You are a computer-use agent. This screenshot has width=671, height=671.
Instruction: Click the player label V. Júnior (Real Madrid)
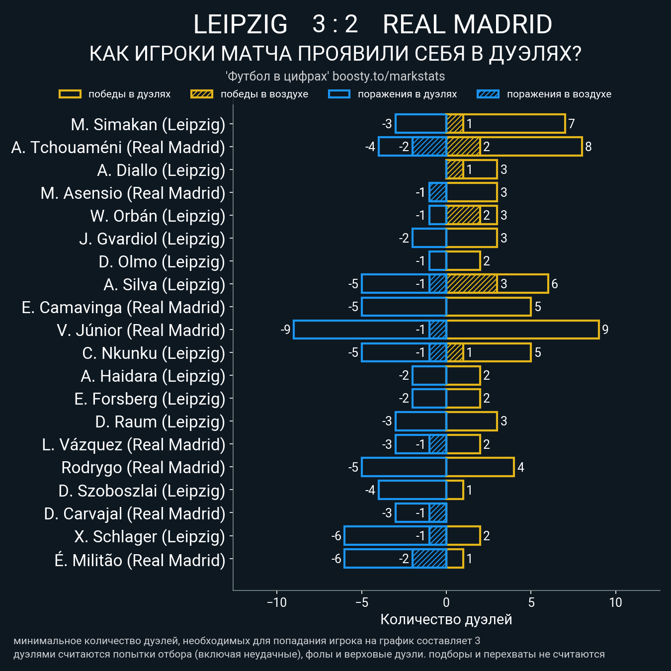[141, 331]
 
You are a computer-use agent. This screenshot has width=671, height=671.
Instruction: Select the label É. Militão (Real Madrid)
[140, 561]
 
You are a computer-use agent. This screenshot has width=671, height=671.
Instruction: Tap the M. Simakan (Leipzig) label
[148, 125]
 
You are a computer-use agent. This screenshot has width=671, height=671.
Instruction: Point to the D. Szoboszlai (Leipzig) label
[142, 491]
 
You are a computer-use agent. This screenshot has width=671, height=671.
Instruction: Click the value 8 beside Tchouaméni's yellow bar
[588, 147]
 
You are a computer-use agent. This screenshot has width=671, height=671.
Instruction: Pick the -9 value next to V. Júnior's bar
[285, 330]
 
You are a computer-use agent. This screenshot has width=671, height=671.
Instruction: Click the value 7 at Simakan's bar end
[572, 124]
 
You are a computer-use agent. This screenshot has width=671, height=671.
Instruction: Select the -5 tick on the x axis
[362, 603]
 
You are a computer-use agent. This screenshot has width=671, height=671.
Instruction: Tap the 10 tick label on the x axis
[615, 603]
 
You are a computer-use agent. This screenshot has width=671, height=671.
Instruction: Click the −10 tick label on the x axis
[277, 603]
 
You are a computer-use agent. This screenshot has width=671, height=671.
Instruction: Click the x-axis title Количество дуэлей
[446, 620]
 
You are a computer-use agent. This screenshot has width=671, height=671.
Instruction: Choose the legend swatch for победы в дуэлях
[70, 94]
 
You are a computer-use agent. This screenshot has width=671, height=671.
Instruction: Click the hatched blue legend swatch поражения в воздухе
[488, 94]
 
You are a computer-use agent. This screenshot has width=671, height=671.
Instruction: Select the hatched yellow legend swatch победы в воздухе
[202, 94]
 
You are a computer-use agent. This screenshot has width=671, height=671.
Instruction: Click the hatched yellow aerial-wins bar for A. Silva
[472, 284]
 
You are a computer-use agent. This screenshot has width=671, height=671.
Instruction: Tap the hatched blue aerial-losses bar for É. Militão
[429, 559]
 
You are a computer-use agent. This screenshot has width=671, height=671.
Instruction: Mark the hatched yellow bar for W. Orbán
[463, 215]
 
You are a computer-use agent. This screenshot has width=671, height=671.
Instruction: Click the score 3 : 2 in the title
[335, 24]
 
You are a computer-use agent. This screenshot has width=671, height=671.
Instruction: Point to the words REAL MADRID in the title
[467, 24]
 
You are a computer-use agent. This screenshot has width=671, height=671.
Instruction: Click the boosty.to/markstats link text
[389, 77]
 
